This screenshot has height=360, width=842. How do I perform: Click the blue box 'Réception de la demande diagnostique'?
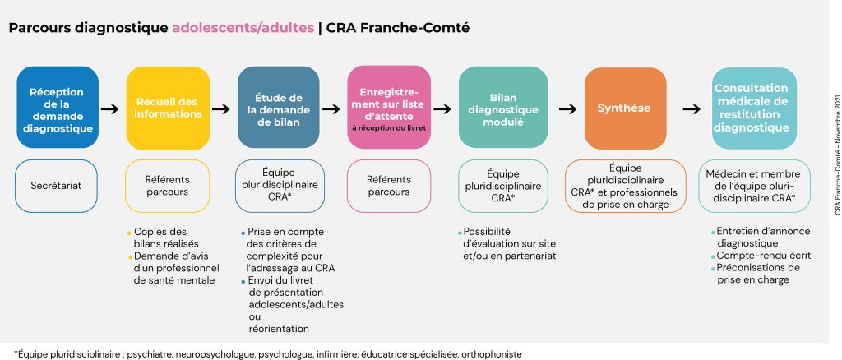point(58,108)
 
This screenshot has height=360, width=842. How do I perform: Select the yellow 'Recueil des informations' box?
point(168,108)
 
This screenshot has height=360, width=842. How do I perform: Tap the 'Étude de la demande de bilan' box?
point(278,108)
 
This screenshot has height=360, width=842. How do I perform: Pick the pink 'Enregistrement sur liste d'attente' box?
point(388,108)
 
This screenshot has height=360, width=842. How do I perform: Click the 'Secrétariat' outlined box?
point(58,186)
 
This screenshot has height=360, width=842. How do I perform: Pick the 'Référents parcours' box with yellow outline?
point(167,186)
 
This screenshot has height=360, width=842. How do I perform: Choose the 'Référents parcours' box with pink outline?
point(388,186)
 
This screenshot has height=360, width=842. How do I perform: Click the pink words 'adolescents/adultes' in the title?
point(243,27)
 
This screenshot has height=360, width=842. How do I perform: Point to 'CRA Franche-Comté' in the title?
point(398,27)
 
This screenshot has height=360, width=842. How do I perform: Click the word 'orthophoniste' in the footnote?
point(492,353)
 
